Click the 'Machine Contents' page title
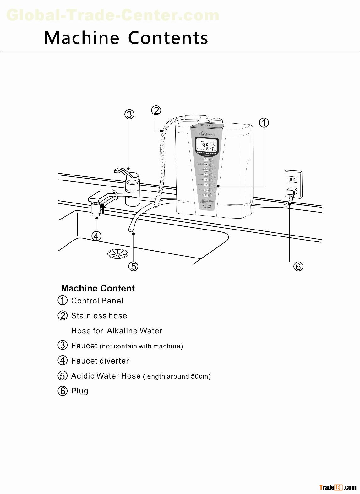click(126, 38)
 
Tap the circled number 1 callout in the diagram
click(264, 123)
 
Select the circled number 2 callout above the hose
click(156, 110)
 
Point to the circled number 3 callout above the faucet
click(129, 114)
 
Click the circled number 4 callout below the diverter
click(96, 236)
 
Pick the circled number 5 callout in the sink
click(134, 266)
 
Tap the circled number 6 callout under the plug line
click(298, 267)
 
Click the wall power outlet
click(293, 184)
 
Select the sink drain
click(117, 253)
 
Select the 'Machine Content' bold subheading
click(98, 288)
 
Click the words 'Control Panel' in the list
click(97, 301)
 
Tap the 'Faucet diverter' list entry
click(100, 361)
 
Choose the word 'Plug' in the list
click(80, 391)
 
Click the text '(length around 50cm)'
click(177, 376)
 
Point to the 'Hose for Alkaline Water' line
click(117, 331)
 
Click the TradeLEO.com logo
click(338, 488)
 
